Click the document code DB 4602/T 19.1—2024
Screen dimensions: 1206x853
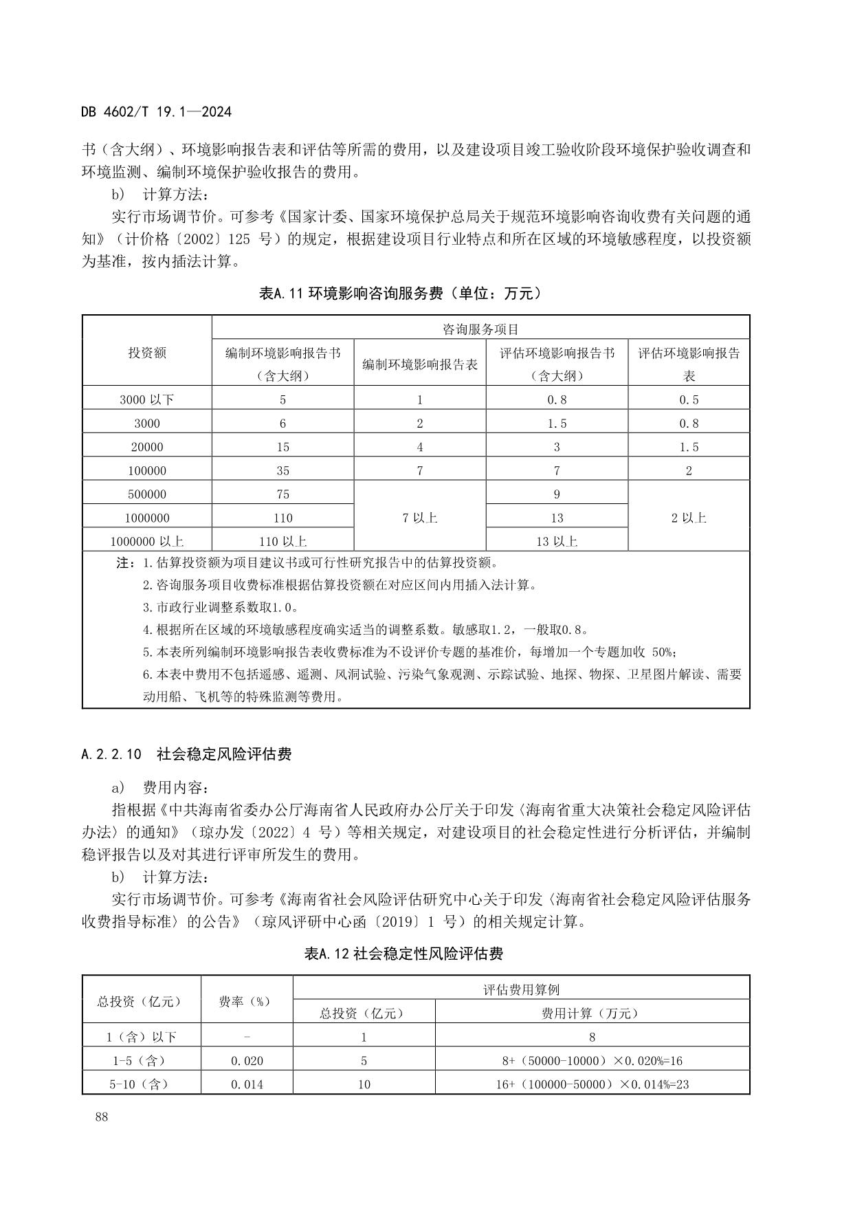pyautogui.click(x=156, y=111)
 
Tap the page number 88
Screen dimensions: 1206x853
pyautogui.click(x=102, y=1117)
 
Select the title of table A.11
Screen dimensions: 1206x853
pyautogui.click(x=400, y=294)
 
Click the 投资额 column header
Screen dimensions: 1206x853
pyautogui.click(x=147, y=353)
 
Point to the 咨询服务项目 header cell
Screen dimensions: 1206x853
pyautogui.click(x=480, y=329)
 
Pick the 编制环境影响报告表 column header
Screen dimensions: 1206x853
pyautogui.click(x=420, y=364)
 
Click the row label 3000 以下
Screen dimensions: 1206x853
pyautogui.click(x=147, y=399)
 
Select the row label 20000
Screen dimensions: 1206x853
pyautogui.click(x=147, y=447)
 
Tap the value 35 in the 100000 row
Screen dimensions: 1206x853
pyautogui.click(x=283, y=471)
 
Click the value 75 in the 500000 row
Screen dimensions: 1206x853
pyautogui.click(x=283, y=494)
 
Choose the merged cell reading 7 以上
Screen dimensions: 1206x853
pyautogui.click(x=420, y=518)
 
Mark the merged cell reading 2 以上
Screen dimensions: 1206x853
pyautogui.click(x=689, y=518)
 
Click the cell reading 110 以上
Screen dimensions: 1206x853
pyautogui.click(x=283, y=541)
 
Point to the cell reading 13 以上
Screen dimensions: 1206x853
pyautogui.click(x=557, y=541)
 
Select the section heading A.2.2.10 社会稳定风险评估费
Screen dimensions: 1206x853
pyautogui.click(x=186, y=754)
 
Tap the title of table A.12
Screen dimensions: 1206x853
pyautogui.click(x=403, y=954)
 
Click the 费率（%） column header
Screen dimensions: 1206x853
pyautogui.click(x=246, y=1001)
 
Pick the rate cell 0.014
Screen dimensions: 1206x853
pyautogui.click(x=247, y=1084)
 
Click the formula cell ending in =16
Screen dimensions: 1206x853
pyautogui.click(x=592, y=1061)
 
